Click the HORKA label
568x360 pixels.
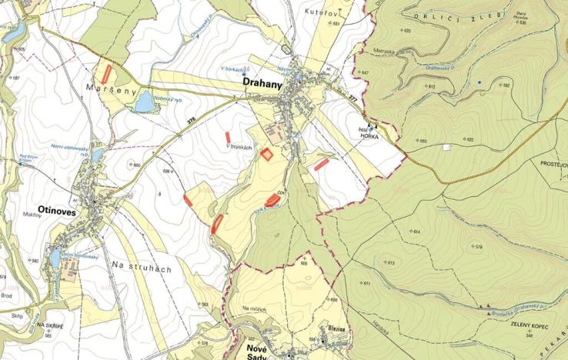click(x=382, y=135)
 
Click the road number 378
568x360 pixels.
click(x=191, y=119)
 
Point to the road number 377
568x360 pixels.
click(x=353, y=98)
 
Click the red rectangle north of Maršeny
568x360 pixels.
click(x=106, y=74)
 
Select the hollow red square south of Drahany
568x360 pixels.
click(x=266, y=154)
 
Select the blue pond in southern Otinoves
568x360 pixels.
click(x=56, y=257)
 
